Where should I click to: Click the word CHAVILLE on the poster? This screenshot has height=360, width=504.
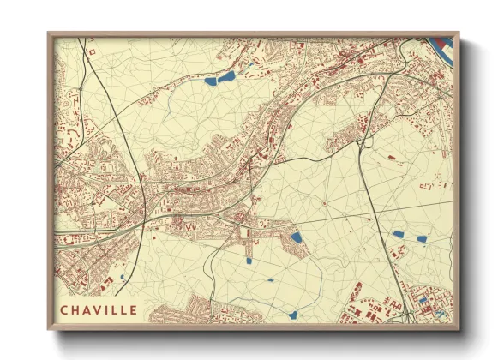(x=98, y=309)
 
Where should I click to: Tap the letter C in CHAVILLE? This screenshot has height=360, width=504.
(x=64, y=309)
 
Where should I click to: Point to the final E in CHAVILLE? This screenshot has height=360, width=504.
(x=132, y=309)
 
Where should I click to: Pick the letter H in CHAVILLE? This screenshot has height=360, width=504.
(x=75, y=309)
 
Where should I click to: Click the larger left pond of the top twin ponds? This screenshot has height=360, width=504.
(x=211, y=81)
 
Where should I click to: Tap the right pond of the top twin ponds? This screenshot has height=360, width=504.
(x=227, y=76)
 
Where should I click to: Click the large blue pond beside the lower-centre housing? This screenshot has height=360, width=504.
(x=297, y=237)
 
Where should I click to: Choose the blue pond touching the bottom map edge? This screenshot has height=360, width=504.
(x=292, y=315)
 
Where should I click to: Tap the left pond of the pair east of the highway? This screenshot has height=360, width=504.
(x=397, y=234)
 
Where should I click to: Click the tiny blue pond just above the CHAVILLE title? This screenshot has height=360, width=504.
(x=122, y=277)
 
